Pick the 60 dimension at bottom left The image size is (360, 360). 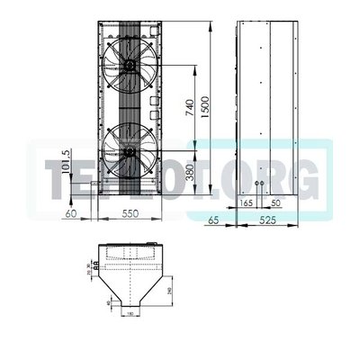click(x=72, y=217)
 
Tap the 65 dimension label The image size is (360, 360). click(x=214, y=219)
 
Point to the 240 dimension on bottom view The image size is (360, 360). click(x=172, y=289)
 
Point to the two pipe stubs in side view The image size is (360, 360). click(x=259, y=187)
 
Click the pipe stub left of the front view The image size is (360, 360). click(x=92, y=188)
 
